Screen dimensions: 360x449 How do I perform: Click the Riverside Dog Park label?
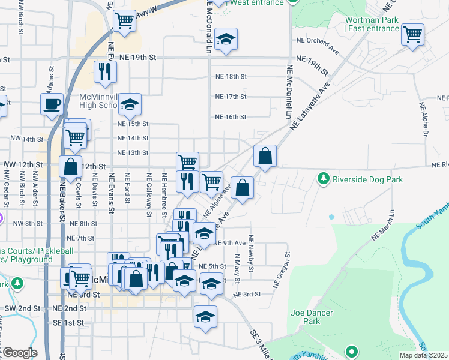tap(367, 179)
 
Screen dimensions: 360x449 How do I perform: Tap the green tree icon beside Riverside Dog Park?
tap(324, 179)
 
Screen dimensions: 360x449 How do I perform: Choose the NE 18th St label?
tap(231, 77)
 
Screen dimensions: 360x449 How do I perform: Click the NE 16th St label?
tap(231, 117)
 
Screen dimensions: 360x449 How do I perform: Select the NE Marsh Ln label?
tap(384, 226)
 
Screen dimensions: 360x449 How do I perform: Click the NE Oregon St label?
tap(281, 271)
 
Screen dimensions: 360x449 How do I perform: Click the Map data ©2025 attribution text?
tap(423, 355)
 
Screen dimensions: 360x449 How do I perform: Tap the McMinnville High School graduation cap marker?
tap(130, 105)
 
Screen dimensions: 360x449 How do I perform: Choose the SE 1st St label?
tap(68, 323)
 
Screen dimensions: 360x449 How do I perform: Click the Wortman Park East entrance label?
tap(372, 24)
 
